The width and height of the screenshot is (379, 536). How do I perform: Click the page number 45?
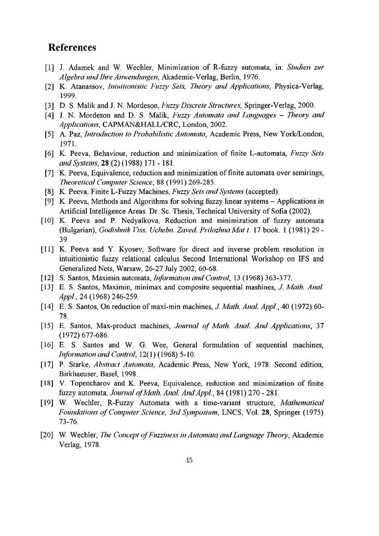[189, 461]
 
